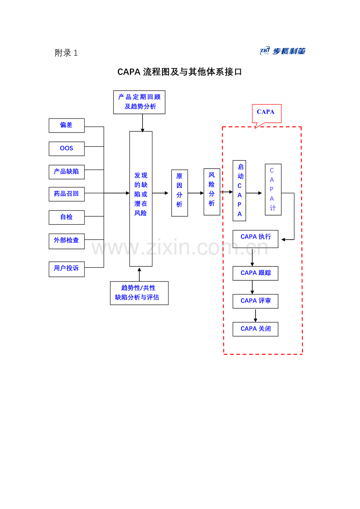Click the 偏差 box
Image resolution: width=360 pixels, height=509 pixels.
(x=67, y=125)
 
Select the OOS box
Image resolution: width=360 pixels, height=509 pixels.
(x=67, y=149)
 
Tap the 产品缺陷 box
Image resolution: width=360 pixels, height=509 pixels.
(x=67, y=172)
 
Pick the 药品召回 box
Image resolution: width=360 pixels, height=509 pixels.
(x=67, y=194)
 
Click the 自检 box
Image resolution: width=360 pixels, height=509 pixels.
(x=67, y=217)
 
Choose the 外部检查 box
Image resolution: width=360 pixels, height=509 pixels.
(x=67, y=241)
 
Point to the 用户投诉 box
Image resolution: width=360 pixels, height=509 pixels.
(x=67, y=269)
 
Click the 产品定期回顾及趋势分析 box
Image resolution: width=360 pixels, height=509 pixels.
(x=139, y=102)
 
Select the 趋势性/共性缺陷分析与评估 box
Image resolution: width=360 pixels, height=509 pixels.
(x=139, y=293)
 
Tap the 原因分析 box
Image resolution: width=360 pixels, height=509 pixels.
(x=180, y=193)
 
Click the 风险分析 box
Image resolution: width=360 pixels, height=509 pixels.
(x=212, y=192)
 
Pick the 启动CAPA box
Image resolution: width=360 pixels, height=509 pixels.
(x=239, y=191)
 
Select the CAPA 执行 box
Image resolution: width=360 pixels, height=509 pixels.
(x=256, y=239)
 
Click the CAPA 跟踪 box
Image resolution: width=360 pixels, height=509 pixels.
(x=256, y=273)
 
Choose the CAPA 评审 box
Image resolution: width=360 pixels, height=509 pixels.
(x=256, y=301)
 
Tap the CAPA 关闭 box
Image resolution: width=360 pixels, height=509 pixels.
(x=256, y=329)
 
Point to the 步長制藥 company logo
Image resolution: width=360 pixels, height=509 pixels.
(x=283, y=51)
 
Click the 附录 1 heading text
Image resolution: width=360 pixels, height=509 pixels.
(x=67, y=53)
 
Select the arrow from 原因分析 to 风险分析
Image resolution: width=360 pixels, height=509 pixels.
(x=196, y=193)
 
